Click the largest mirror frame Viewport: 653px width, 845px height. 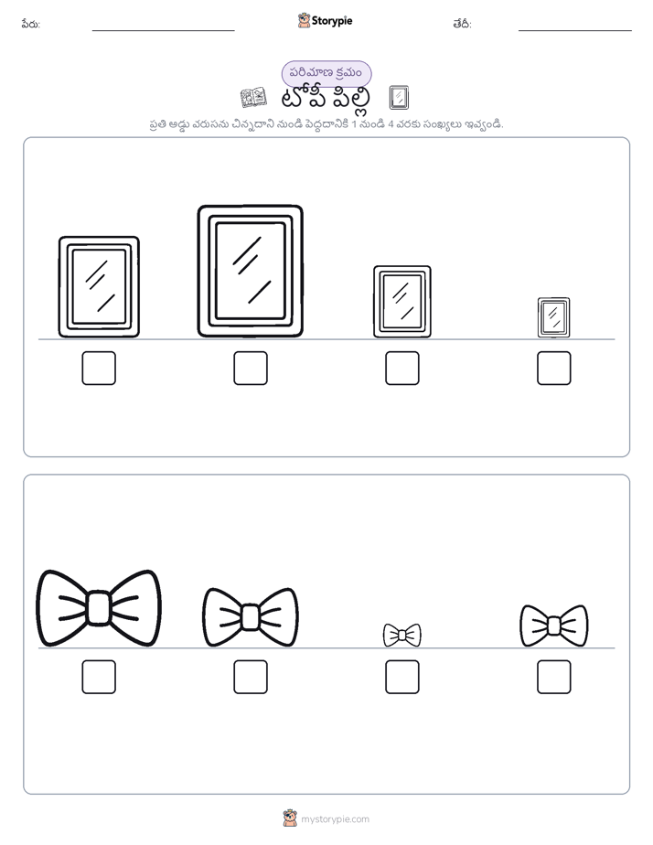coord(200,271)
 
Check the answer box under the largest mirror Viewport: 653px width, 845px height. coord(251,368)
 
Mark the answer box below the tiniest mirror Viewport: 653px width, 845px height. coord(554,368)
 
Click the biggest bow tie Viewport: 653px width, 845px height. coord(99,608)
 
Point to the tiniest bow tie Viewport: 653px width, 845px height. coord(401,635)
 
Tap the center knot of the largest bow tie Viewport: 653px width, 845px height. coord(99,608)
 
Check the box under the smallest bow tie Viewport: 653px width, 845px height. coord(401,677)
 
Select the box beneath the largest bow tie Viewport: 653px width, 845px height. coord(99,677)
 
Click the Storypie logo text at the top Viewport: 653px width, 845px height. coord(332,21)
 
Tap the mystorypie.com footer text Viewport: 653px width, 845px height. coord(335,819)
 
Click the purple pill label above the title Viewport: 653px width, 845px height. coord(326,73)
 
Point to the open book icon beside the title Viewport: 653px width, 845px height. coord(253,98)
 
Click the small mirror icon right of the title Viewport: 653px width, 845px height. coord(399,98)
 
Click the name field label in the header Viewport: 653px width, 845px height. coord(31,25)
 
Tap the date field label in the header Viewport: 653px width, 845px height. coord(462,25)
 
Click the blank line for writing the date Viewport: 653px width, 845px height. coord(575,31)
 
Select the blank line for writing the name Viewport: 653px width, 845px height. coord(163,31)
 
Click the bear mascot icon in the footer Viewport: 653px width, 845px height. coord(290,818)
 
